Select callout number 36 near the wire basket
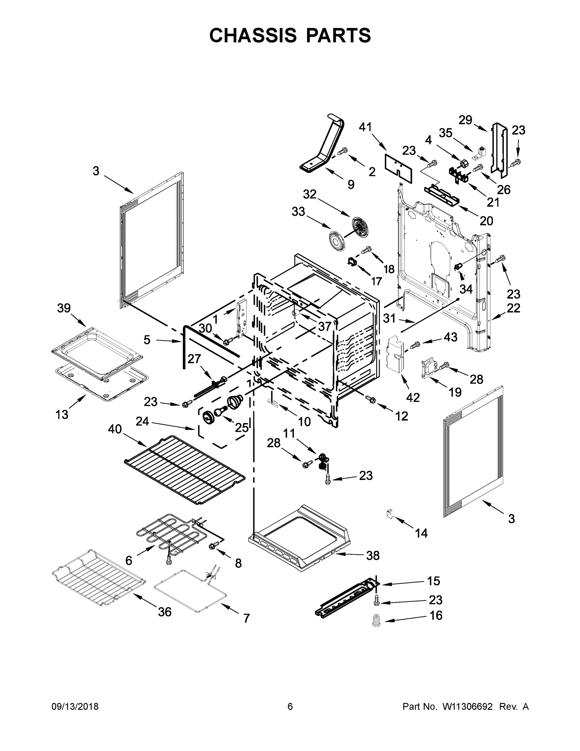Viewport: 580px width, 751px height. click(164, 612)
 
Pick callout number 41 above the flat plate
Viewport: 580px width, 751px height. click(365, 127)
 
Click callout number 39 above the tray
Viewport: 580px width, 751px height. click(64, 308)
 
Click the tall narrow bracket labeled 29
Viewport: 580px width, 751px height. click(500, 150)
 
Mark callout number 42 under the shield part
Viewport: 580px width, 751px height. click(413, 397)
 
